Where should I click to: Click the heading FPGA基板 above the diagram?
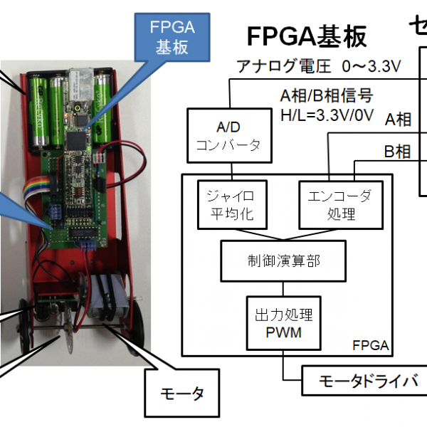point(307,36)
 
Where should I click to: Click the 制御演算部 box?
point(284,260)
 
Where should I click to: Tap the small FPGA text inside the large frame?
point(370,346)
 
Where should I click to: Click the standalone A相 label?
point(399,120)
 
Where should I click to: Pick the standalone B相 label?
point(399,152)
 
